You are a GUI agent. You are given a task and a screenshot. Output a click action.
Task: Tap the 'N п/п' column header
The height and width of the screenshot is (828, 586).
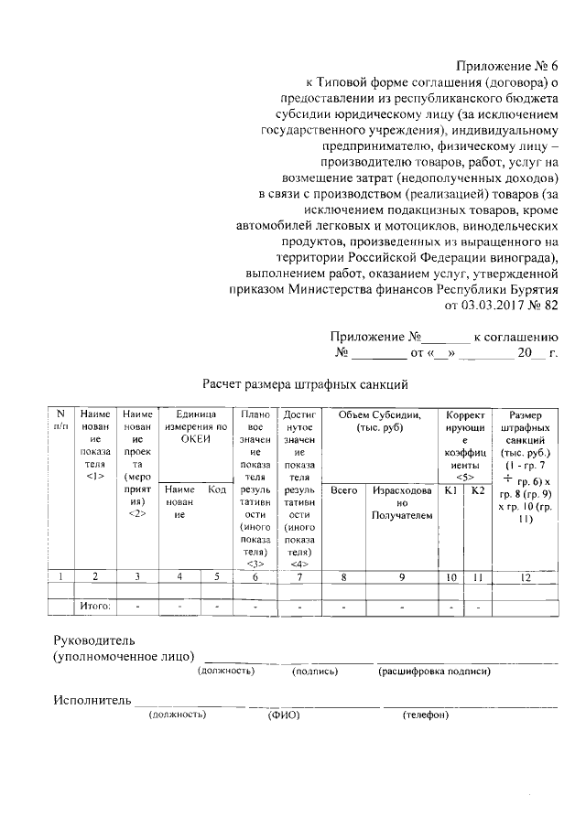click(60, 420)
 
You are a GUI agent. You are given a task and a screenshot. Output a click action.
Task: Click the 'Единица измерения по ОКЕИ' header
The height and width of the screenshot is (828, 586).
click(195, 426)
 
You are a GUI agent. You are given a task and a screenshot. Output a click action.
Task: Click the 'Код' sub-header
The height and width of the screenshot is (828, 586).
click(217, 490)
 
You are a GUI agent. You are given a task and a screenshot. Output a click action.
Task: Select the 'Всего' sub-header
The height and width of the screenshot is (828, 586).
click(344, 490)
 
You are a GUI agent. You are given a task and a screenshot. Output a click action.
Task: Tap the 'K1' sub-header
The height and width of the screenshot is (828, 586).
click(450, 490)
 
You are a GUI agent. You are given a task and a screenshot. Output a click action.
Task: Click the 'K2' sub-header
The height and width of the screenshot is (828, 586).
click(476, 490)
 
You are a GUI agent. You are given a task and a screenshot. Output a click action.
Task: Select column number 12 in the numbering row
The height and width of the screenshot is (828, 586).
click(525, 577)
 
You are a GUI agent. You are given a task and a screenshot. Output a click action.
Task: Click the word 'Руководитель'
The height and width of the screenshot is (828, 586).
click(94, 639)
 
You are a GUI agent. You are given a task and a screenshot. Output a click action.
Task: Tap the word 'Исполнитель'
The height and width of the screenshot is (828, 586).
click(91, 700)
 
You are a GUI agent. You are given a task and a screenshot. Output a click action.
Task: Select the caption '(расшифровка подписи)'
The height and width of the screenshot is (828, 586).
click(433, 672)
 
